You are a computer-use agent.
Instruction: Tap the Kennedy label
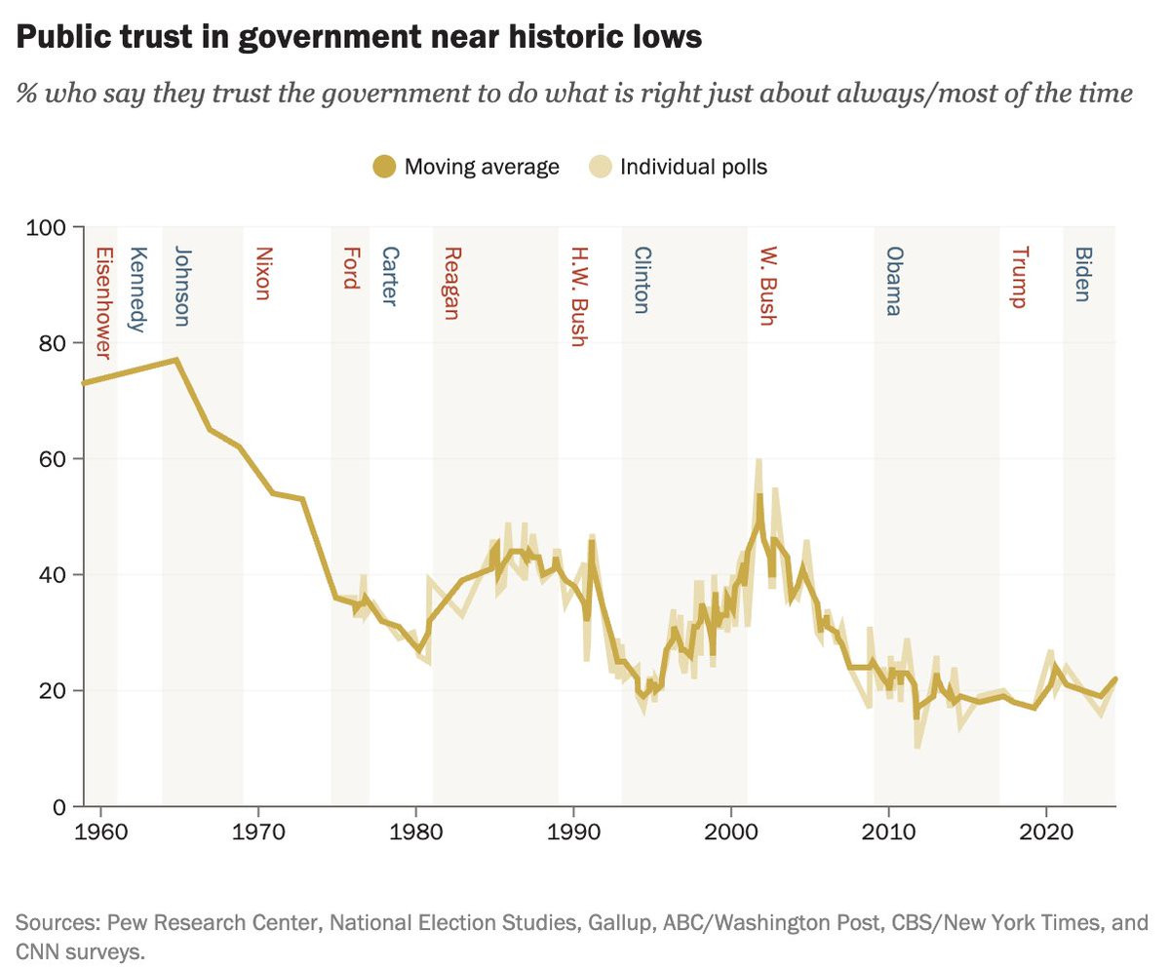pyautogui.click(x=137, y=290)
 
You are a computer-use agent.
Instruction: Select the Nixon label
pyautogui.click(x=261, y=274)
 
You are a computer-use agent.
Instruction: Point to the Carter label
pyautogui.click(x=388, y=277)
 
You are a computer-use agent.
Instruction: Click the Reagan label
pyautogui.click(x=450, y=284)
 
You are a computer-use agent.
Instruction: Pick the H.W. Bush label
pyautogui.click(x=577, y=296)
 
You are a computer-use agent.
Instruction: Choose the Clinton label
pyautogui.click(x=641, y=281)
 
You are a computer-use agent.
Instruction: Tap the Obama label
pyautogui.click(x=893, y=282)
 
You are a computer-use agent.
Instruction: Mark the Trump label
pyautogui.click(x=1019, y=278)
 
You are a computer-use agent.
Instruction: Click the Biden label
pyautogui.click(x=1081, y=275)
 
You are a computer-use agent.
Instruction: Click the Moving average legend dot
pyautogui.click(x=385, y=167)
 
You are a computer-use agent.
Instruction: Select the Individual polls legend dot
pyautogui.click(x=602, y=167)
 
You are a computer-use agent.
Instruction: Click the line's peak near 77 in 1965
pyautogui.click(x=175, y=360)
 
